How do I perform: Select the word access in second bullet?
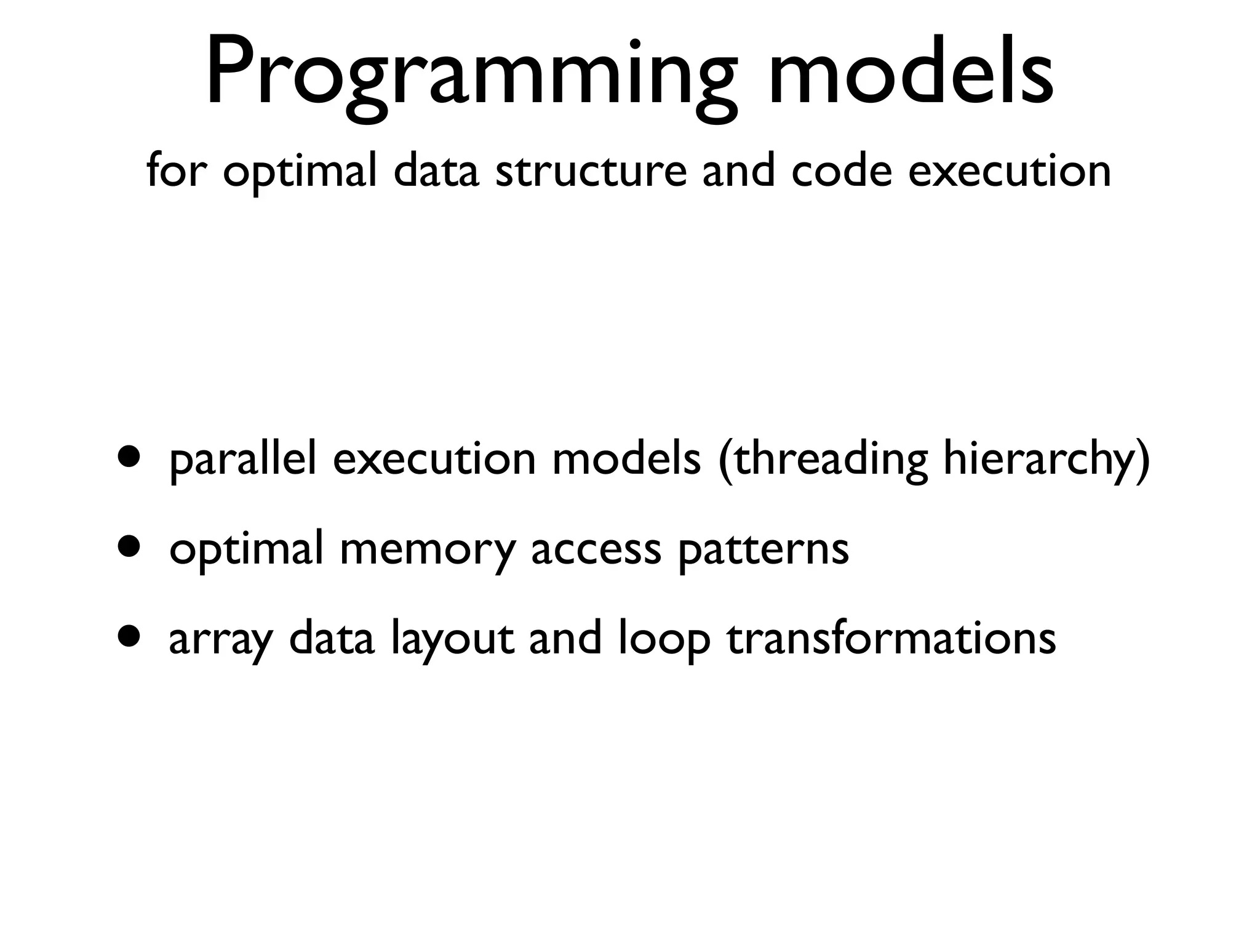coord(596,549)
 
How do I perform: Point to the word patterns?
coord(763,549)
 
